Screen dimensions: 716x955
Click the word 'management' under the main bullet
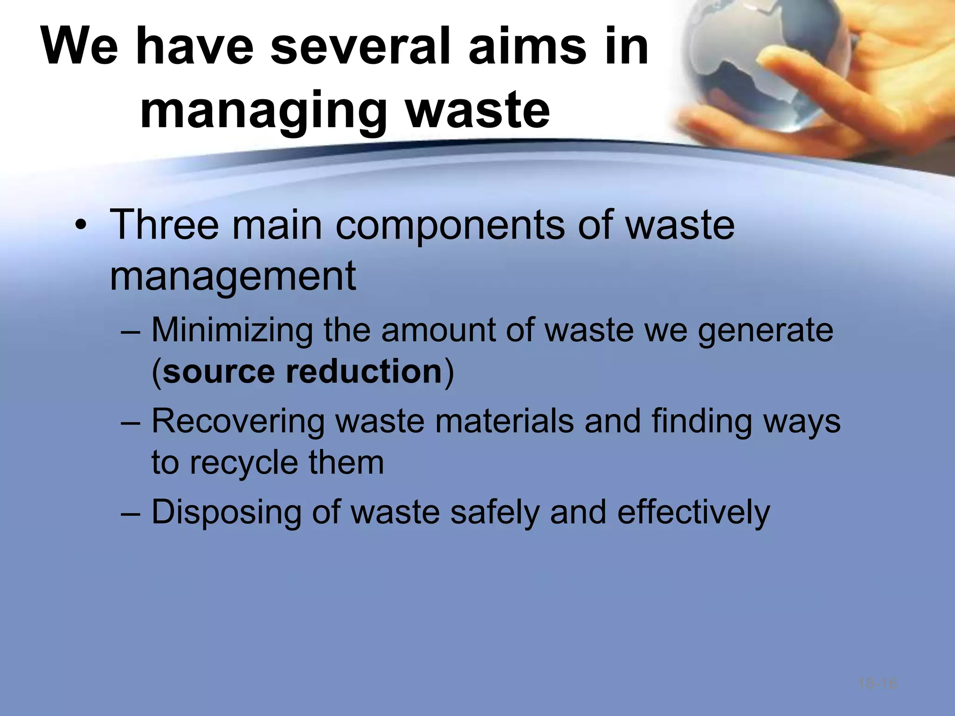[233, 277]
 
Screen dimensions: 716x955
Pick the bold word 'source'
[219, 372]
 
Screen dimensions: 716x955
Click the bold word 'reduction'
[364, 372]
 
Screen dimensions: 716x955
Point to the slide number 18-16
[878, 684]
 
